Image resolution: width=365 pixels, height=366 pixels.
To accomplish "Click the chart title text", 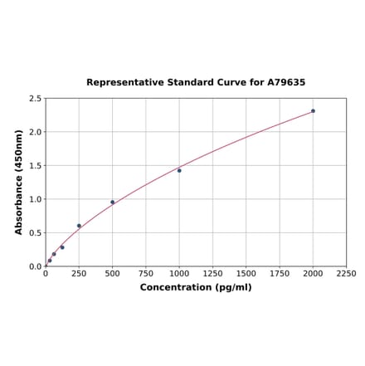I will (x=196, y=83).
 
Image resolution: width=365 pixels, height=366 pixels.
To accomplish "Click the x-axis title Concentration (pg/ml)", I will (x=196, y=287).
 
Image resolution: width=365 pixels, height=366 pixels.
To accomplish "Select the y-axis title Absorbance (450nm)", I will (x=19, y=182).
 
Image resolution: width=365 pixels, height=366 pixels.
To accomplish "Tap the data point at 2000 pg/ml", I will (x=313, y=110).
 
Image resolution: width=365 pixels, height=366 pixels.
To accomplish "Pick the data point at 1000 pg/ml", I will (x=179, y=170).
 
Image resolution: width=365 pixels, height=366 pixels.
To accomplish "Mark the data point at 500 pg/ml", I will (x=113, y=202).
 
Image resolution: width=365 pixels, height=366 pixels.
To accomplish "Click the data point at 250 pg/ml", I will (x=80, y=226).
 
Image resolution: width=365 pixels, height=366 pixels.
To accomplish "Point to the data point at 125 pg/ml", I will (x=62, y=247).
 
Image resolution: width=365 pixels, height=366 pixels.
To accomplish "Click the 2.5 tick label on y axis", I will (x=36, y=99).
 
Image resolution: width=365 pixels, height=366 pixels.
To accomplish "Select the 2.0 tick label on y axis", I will (x=36, y=132).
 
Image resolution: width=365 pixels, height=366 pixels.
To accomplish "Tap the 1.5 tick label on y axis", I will (x=36, y=166).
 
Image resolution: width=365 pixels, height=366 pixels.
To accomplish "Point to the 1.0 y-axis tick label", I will (x=36, y=199).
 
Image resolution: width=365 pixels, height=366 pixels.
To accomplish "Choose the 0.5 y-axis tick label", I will (x=36, y=233).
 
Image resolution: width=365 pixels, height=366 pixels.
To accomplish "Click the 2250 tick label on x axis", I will (x=346, y=274).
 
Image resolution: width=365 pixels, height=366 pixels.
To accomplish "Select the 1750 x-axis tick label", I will (x=280, y=274).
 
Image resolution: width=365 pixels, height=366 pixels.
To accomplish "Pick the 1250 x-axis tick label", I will (x=212, y=274).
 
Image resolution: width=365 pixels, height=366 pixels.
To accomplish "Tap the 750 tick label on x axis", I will (x=146, y=274).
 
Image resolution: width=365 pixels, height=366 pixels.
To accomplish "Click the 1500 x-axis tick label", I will (x=246, y=274).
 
